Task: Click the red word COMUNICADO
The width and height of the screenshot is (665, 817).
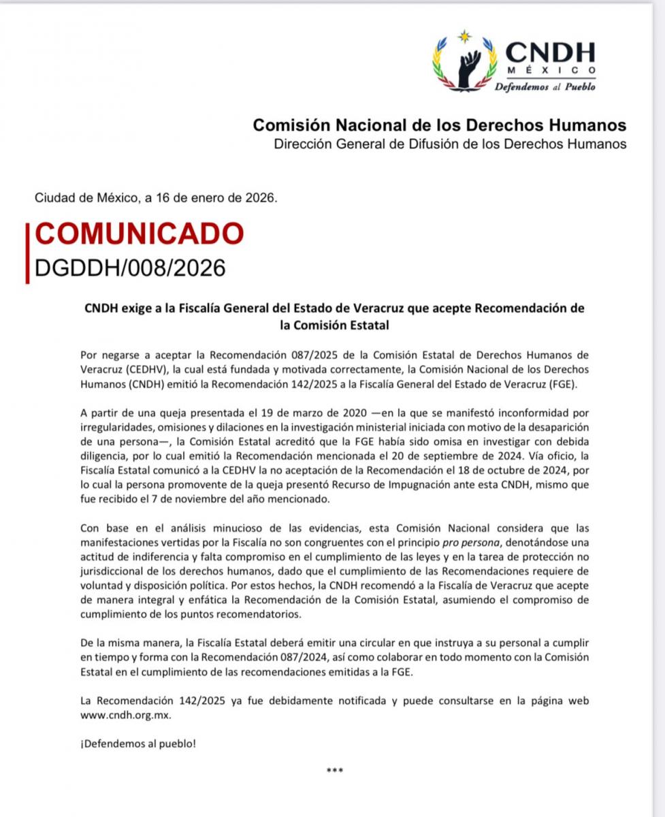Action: tap(139, 234)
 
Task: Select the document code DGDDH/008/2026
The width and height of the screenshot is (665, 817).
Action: tap(129, 268)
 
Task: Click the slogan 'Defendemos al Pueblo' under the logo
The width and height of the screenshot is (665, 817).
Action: tap(545, 87)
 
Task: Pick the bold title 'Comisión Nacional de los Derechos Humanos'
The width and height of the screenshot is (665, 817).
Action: tap(440, 125)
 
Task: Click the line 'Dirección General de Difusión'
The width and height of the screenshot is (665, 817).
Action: tap(449, 144)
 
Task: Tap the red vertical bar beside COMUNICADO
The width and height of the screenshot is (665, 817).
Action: tap(27, 252)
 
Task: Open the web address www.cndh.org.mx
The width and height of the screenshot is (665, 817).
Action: tap(125, 716)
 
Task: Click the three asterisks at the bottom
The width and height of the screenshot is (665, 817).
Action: tap(335, 771)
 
